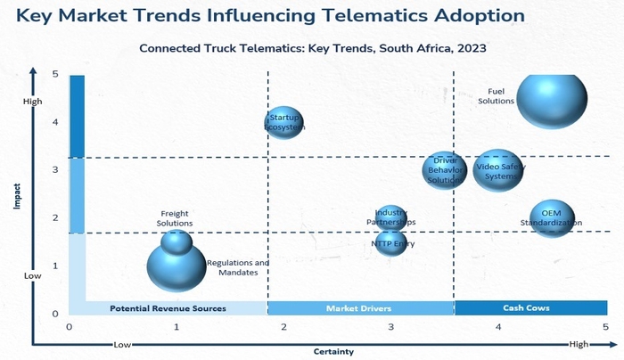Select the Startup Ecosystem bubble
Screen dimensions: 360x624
click(284, 122)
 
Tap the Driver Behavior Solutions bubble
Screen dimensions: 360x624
click(444, 170)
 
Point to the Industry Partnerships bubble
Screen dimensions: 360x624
click(390, 217)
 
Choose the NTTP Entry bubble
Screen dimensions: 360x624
click(391, 241)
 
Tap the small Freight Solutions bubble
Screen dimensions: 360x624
click(177, 240)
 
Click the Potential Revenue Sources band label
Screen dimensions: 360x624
click(168, 308)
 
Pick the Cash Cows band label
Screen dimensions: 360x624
click(526, 308)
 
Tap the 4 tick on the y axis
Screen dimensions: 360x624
click(55, 122)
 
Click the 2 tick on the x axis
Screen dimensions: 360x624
click(283, 327)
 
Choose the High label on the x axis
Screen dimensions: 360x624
click(579, 344)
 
